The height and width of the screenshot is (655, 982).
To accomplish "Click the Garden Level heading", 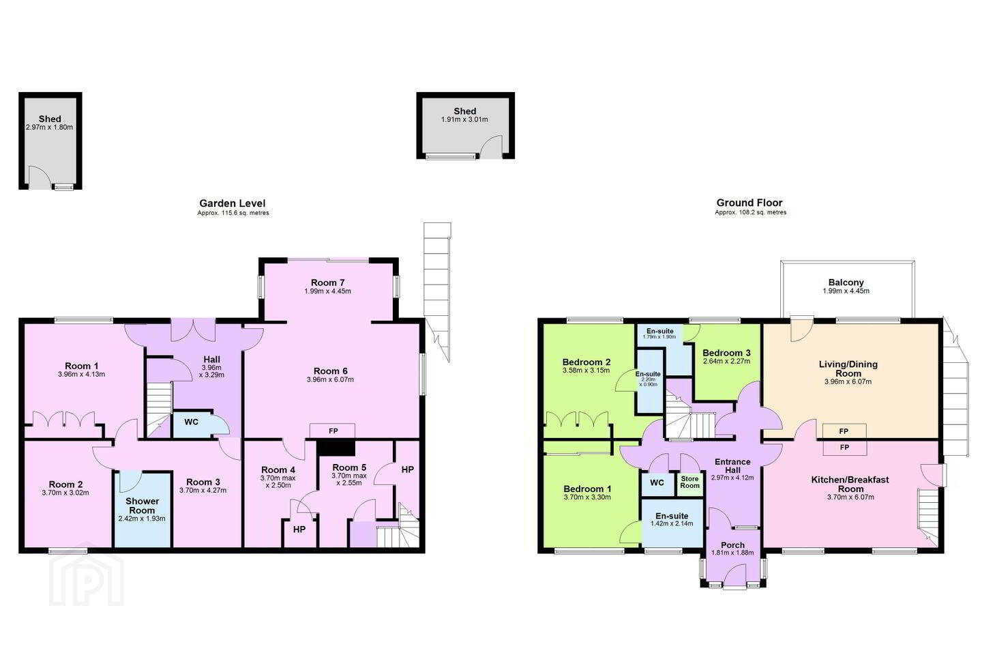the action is point(233,203).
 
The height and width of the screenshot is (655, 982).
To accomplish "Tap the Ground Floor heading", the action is point(749,203).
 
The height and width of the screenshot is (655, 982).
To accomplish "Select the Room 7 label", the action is point(327,282).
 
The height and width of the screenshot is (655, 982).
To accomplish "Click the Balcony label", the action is point(846,282).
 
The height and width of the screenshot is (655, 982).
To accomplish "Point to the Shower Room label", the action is point(142,506).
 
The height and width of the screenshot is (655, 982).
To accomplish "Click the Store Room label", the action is point(689,482).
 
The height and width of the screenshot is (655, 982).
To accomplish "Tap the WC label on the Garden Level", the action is point(191,422).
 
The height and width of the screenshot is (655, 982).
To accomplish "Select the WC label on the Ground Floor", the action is point(657,482).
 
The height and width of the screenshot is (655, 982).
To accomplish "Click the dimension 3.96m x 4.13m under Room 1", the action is point(82,375).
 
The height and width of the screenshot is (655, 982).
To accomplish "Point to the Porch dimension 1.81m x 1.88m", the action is point(732,553).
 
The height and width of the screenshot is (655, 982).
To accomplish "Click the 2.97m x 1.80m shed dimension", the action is point(49,127).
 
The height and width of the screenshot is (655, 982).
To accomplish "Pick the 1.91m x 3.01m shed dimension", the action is point(464,119).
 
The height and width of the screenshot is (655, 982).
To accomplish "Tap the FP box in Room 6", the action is point(333,431).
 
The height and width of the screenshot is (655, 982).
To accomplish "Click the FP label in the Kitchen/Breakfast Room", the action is point(844,448).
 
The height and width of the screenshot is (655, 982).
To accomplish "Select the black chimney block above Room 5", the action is point(336,448).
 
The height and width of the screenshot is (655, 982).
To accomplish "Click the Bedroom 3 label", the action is point(726,353).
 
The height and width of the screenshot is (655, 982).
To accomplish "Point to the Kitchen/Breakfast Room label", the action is point(850,484).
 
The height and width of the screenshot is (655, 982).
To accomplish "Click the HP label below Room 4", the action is point(299,529).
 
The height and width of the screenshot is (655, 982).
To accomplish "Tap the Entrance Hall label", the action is point(732,465).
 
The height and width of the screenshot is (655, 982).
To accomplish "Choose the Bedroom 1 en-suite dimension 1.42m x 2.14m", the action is point(672,524).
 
